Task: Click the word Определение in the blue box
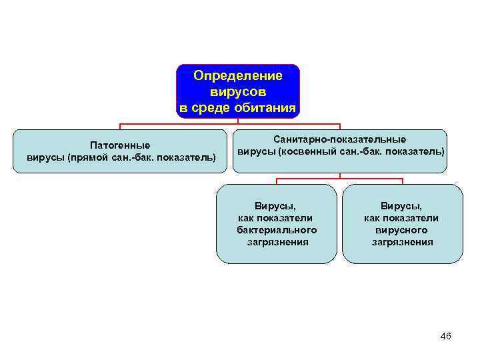point(238,76)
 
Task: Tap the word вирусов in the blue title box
point(238,91)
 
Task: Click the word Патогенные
point(120,145)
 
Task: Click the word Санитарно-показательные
point(339,139)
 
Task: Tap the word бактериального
point(276,230)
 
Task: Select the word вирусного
point(402,230)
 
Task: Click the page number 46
point(446,336)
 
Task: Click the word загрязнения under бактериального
point(276,242)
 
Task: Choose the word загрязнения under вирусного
point(402,242)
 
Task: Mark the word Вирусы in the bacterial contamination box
point(276,206)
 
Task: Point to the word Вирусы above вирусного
point(402,206)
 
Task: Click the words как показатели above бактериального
point(276,218)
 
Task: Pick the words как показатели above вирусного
point(402,218)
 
